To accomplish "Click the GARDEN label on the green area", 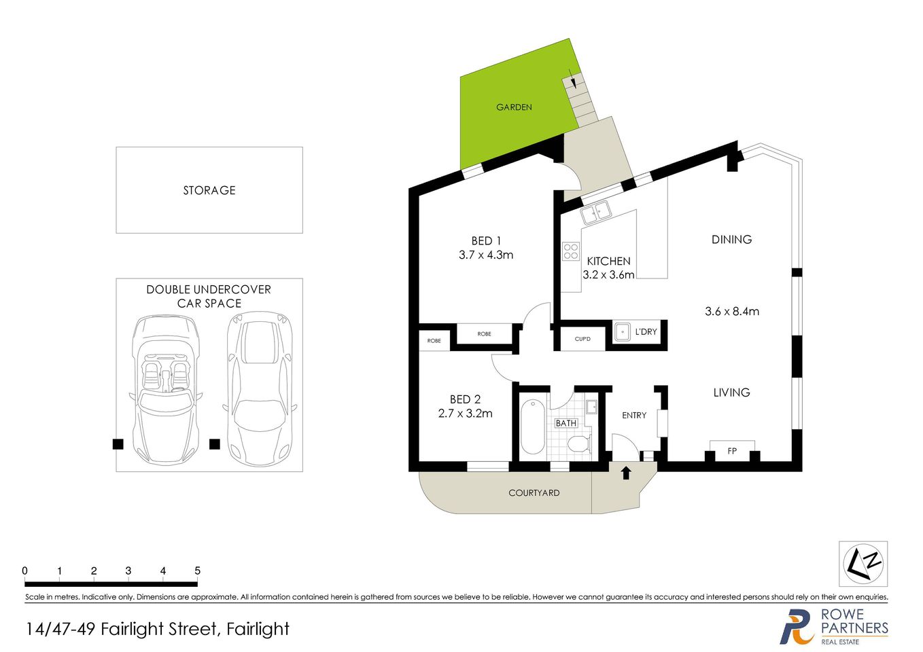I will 514,107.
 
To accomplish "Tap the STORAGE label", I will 209,191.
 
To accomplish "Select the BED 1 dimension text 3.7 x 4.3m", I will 486,255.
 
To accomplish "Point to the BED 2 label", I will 465,399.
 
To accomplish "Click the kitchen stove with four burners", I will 571,251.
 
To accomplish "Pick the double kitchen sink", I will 596,213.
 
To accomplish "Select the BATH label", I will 566,423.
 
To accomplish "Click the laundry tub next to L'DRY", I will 623,332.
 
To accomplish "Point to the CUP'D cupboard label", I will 582,339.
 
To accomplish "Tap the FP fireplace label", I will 732,451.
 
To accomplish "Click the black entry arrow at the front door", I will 626,472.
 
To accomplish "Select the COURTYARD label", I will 534,493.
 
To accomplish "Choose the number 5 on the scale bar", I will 197,571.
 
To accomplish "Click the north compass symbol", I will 863,564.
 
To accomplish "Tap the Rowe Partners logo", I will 834,626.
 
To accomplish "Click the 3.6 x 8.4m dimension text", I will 732,312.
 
